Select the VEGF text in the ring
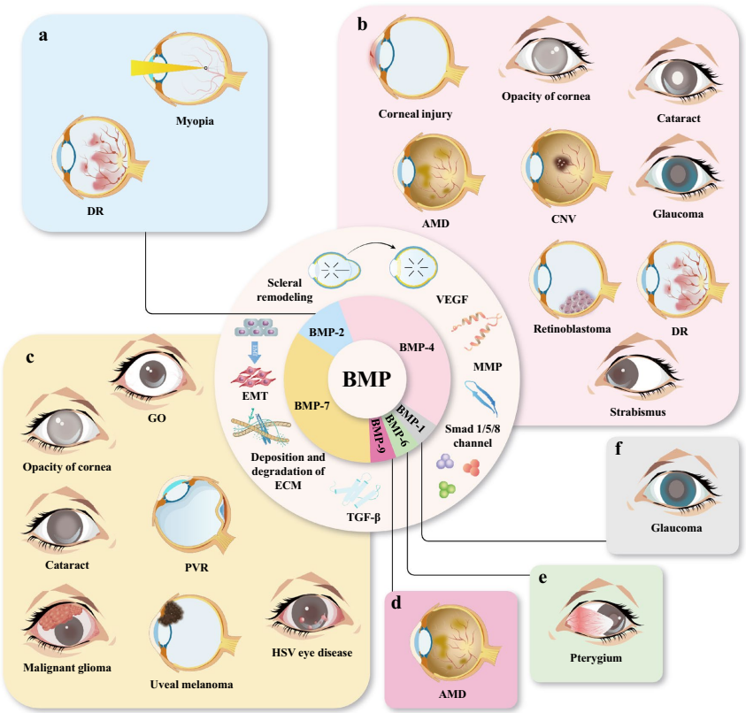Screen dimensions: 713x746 [459, 300]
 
